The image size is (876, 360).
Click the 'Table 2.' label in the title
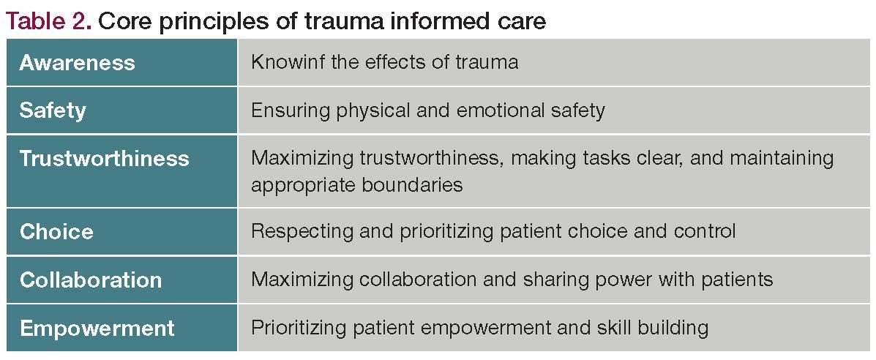point(48,21)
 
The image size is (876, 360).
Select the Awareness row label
point(77,63)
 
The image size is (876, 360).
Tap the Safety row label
point(53,110)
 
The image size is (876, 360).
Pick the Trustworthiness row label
point(104,159)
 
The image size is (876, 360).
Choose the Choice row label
point(56,232)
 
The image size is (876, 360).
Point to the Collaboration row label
point(91,280)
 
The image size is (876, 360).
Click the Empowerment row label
point(97,328)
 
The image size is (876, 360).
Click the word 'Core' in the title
point(120,21)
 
